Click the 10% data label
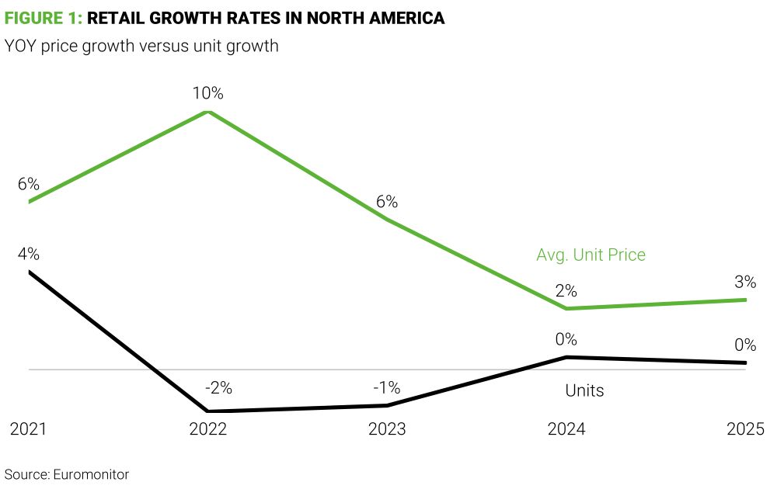pyautogui.click(x=208, y=94)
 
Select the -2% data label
pyautogui.click(x=218, y=387)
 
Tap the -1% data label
pyautogui.click(x=386, y=387)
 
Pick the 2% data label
pyautogui.click(x=566, y=292)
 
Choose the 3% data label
pyautogui.click(x=744, y=282)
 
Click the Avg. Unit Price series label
pyautogui.click(x=591, y=255)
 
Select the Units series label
pyautogui.click(x=584, y=390)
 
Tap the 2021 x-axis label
pyautogui.click(x=28, y=429)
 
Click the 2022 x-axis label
pyautogui.click(x=208, y=429)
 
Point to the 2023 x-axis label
pyautogui.click(x=387, y=429)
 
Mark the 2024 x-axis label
pyautogui.click(x=566, y=429)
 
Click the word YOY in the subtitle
pyautogui.click(x=21, y=47)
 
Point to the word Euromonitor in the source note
pyautogui.click(x=91, y=473)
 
